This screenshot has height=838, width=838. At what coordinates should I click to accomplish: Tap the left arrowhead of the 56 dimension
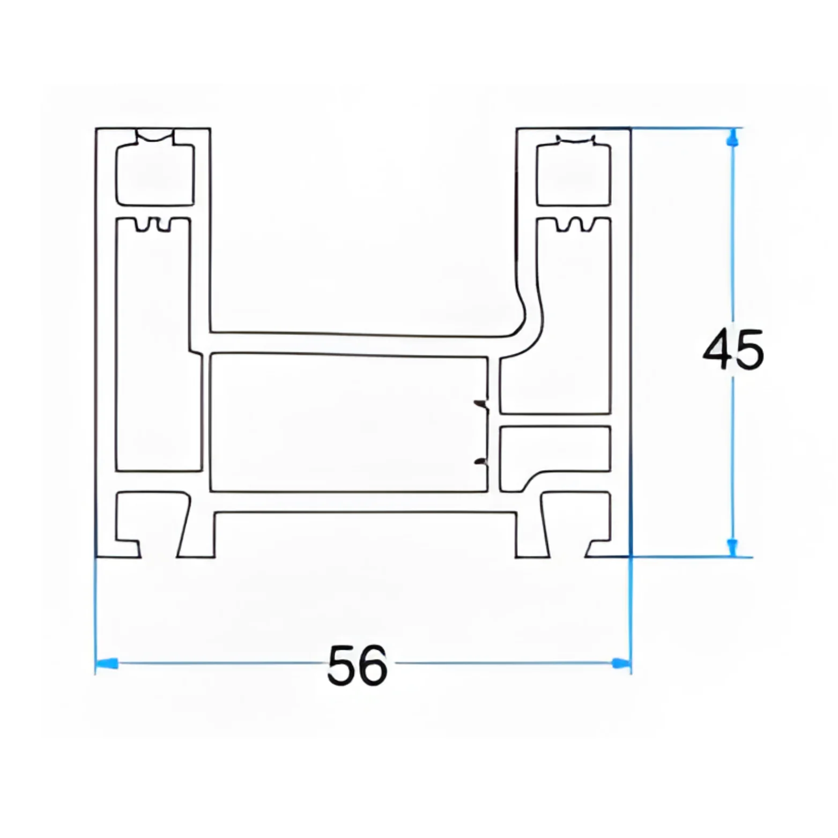(x=107, y=664)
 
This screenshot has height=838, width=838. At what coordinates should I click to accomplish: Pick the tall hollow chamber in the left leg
(x=153, y=348)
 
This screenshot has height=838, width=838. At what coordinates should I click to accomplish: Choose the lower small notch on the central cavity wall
(x=482, y=462)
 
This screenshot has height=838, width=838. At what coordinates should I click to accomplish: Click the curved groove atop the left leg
(x=155, y=136)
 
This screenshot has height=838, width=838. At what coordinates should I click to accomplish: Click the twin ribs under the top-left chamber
(x=153, y=225)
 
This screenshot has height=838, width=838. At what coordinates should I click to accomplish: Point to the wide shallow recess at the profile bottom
(x=365, y=536)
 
